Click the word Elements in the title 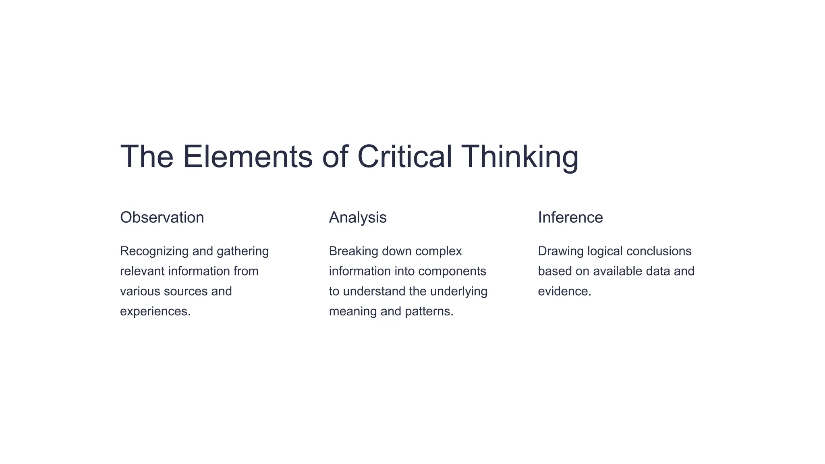coord(248,157)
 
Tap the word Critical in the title coord(404,157)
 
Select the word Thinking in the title coord(520,157)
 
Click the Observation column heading coord(162,217)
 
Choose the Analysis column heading coord(358,217)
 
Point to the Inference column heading coord(570,217)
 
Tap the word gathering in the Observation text coord(243,251)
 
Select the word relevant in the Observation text coord(142,271)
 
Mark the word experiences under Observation coord(154,312)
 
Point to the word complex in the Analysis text coord(439,251)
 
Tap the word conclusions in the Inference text coord(659,251)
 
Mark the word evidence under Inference coord(564,292)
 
